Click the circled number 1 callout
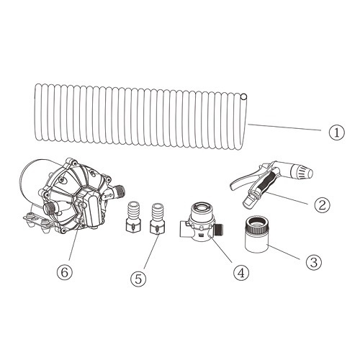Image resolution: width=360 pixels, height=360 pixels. (x=336, y=132)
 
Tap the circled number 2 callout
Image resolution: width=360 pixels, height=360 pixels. (x=323, y=204)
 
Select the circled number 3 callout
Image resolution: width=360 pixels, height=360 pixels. (x=314, y=262)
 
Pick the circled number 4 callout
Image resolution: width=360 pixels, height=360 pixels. (x=241, y=273)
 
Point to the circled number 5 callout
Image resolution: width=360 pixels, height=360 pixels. (x=138, y=279)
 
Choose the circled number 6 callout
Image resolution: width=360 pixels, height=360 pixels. (x=64, y=272)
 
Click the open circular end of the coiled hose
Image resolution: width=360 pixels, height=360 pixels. (x=243, y=97)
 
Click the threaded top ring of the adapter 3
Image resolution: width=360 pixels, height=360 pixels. (x=256, y=225)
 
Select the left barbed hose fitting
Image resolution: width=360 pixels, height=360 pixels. (x=134, y=217)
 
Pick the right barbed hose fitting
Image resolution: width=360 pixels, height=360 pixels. (x=158, y=218)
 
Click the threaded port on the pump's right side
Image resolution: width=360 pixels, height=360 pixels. (x=120, y=190)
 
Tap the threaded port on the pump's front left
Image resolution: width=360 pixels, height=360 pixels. (x=51, y=207)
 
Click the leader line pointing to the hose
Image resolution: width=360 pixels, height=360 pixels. (x=284, y=127)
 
